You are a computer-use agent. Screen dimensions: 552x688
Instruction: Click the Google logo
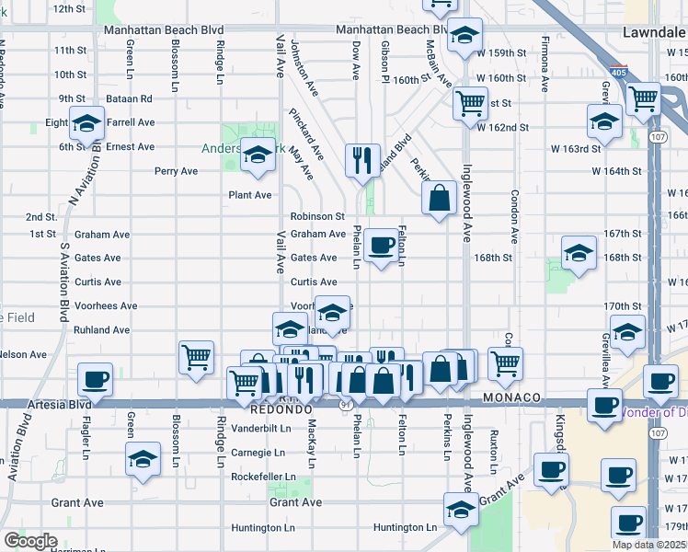tap(29, 541)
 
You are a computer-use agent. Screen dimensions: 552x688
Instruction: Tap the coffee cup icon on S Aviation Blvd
tap(95, 379)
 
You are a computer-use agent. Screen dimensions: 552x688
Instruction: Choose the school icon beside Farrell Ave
tap(86, 123)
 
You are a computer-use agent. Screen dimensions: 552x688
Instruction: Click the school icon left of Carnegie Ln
tap(143, 458)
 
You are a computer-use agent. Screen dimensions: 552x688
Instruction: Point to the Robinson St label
tap(317, 217)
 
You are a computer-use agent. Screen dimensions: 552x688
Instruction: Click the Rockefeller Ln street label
tap(264, 477)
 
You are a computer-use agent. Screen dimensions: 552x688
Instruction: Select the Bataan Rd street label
tap(132, 98)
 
